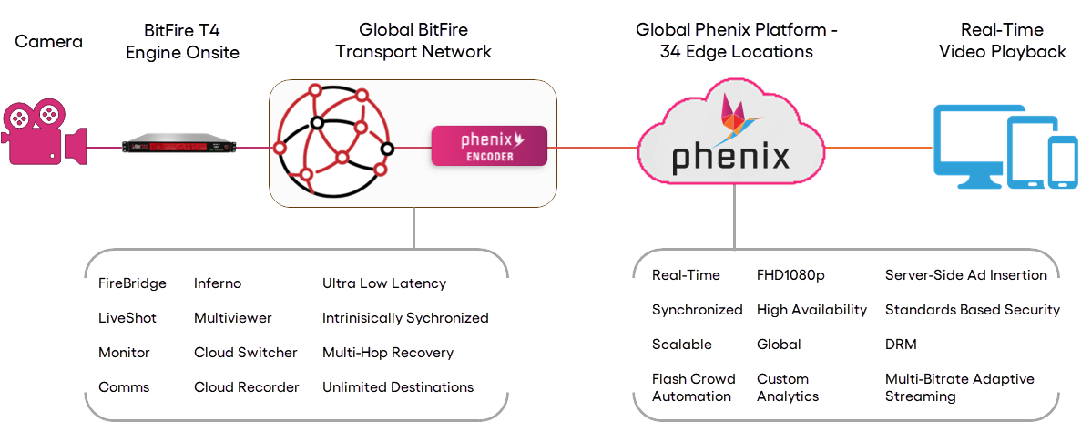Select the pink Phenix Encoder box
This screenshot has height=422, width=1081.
pos(488,146)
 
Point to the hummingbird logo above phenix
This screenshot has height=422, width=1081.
pos(740,115)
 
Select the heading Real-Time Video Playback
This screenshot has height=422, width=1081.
pos(1002,41)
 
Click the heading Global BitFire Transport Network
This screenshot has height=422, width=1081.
pos(413,41)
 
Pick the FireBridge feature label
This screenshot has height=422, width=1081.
pos(132,283)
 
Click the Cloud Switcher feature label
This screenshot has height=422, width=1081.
pos(246,353)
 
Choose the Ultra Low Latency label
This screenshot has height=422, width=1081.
pos(384,283)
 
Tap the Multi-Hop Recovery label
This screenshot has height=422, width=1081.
pos(387,353)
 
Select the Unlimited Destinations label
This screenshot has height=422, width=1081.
pos(397,387)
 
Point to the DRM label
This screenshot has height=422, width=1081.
pos(901,345)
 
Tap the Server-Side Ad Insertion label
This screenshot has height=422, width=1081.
pos(965,275)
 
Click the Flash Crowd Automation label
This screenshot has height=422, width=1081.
pos(691,387)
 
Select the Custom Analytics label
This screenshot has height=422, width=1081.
pos(787,387)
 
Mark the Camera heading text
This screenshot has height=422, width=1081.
pos(48,42)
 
